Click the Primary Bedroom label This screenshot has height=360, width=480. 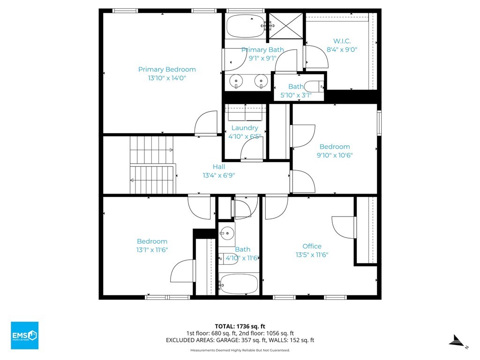coord(167,69)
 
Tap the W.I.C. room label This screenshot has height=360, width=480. coord(342,41)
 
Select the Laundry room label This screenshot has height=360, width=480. coord(245,128)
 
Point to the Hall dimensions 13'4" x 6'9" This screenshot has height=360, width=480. coord(218,175)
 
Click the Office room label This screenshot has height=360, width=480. coord(312,246)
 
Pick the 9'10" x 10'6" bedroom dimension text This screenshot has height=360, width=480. coord(335,155)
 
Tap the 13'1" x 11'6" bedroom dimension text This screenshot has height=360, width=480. coord(152,250)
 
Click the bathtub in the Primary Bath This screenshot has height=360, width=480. coord(246,26)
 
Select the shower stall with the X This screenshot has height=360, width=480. coord(286,26)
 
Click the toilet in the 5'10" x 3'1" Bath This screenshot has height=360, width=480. coord(315,87)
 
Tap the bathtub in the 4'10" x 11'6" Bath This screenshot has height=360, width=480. coord(239,284)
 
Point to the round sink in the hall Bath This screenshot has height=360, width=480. coord(227,234)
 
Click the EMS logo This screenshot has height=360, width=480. coord(25,335)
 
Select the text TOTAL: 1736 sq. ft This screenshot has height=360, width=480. coord(240,326)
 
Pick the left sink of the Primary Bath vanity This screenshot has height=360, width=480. coord(236,81)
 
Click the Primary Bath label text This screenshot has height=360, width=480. coord(262,50)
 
